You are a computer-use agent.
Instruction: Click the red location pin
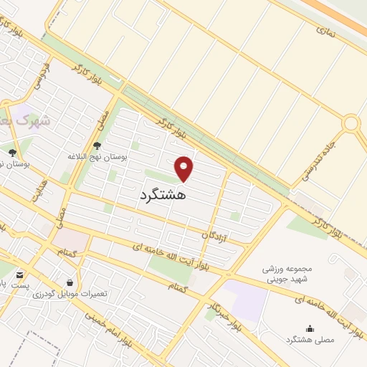coord(185,168)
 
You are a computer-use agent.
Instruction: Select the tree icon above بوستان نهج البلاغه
coord(97,146)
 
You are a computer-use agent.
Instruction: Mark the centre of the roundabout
coord(351,123)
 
